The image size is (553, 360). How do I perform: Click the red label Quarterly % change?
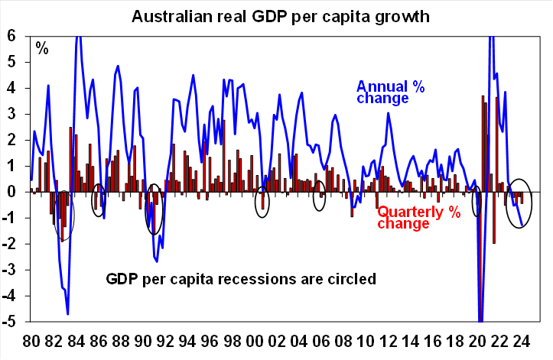coord(419,218)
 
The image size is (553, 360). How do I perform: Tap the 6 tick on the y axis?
coord(12,37)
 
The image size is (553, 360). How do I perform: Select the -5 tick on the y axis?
coord(11,322)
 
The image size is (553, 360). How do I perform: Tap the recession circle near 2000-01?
coord(262,201)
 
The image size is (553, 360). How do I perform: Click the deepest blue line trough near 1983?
coord(67,313)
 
